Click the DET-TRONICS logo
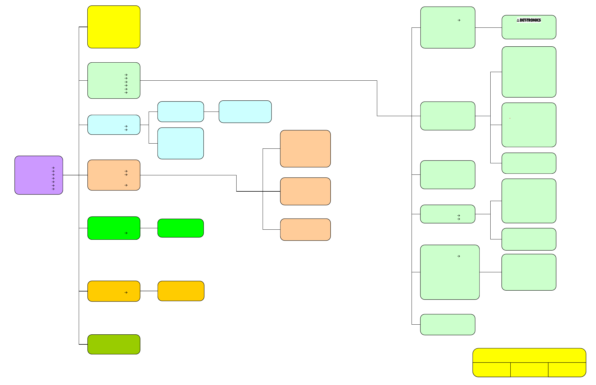coord(529,20)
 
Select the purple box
coord(39,175)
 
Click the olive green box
coord(114,344)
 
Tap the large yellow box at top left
coord(114,27)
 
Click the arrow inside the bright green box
coord(126,233)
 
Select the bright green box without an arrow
coord(180,228)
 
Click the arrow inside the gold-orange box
coord(126,293)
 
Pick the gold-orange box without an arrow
coord(181,291)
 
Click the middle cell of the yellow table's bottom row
coord(529,370)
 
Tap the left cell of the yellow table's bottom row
coord(491,370)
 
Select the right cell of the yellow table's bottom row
coord(567,370)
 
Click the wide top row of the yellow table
coord(529,355)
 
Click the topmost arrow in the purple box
coord(53,168)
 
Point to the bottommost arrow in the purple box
coord(53,189)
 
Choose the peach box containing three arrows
coord(114,175)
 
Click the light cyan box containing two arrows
coord(114,125)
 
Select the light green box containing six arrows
coord(114,80)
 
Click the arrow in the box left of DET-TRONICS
coord(459,20)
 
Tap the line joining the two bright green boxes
coord(149,228)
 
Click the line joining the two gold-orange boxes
coord(149,291)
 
